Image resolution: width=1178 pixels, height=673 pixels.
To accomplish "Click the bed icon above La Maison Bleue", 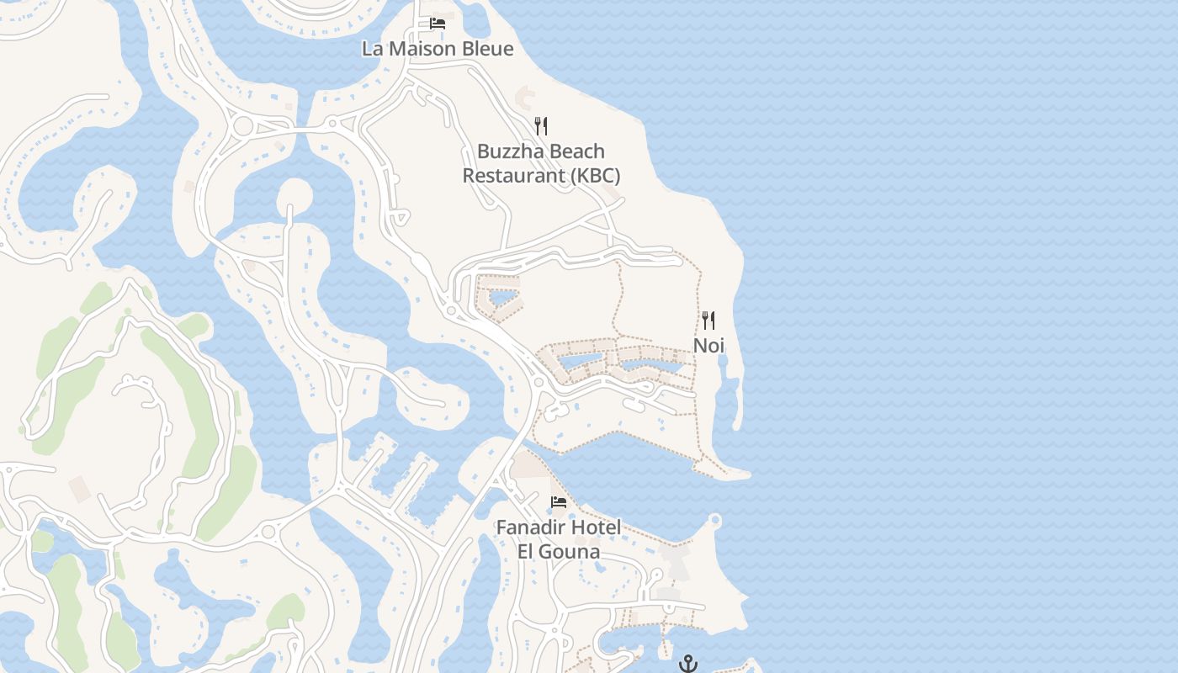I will coord(438,23).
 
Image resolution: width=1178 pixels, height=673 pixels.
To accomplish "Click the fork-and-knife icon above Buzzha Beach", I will coord(541,126).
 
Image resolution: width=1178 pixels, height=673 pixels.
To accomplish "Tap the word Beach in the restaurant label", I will coord(577,151).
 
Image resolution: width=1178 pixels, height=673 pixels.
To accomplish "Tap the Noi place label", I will coord(708,346).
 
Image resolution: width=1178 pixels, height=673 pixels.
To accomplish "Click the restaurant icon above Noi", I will coord(708,320).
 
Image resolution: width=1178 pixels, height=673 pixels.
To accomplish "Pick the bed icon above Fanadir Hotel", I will coord(558,502).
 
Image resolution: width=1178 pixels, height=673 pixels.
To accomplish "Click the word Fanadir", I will coord(530,527).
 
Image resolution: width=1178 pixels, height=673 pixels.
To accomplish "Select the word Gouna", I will coord(571,552).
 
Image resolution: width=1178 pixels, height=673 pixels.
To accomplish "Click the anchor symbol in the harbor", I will coord(688,664).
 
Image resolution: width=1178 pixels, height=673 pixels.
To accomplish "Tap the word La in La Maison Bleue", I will coord(371,49).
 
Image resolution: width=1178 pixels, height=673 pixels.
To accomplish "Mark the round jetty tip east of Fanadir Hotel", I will coord(715,521).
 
